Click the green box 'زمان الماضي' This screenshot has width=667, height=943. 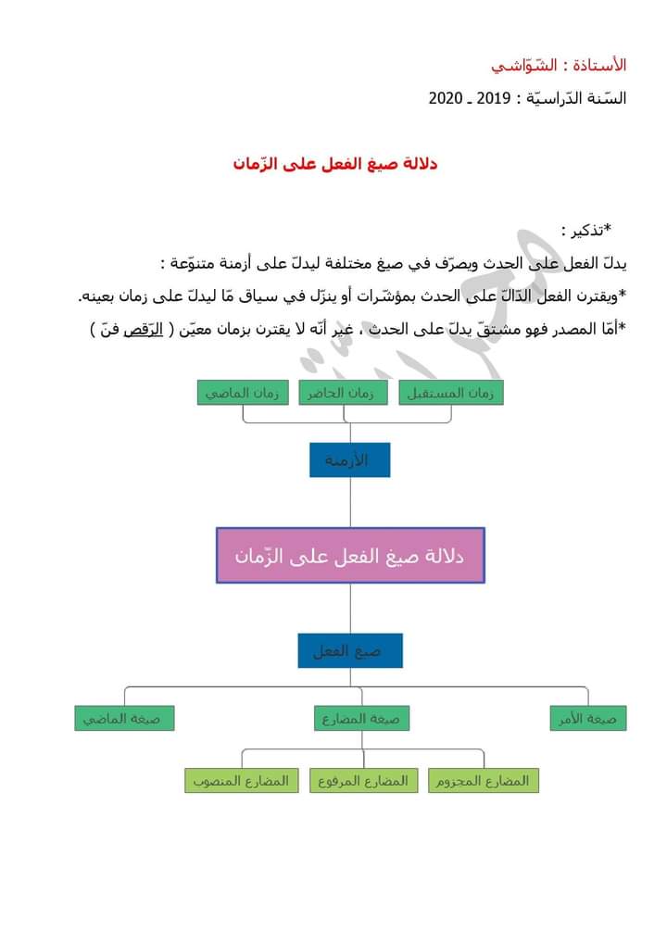pos(243,393)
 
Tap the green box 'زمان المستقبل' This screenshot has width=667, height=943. pos(452,393)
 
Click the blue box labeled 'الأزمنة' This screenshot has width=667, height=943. pos(350,460)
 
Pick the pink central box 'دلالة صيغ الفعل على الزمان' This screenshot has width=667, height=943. pos(350,556)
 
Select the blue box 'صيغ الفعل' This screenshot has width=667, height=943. pos(350,651)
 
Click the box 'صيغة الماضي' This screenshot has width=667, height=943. pos(124,718)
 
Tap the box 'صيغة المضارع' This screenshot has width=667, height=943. pos(361,718)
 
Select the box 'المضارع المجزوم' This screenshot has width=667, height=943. pos(484,781)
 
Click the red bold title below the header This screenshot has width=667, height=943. pos(335,164)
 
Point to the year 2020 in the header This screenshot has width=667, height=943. pos(446,98)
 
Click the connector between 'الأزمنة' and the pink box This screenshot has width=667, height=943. pos(350,502)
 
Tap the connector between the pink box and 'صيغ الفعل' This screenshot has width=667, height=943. pos(350,608)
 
